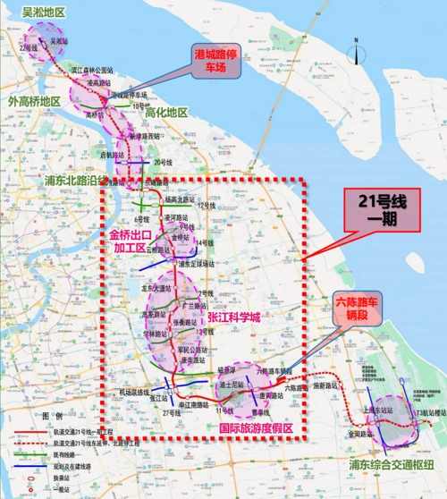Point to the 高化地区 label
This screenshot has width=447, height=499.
pyautogui.click(x=166, y=113)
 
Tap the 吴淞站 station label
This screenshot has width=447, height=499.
pyautogui.click(x=59, y=41)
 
